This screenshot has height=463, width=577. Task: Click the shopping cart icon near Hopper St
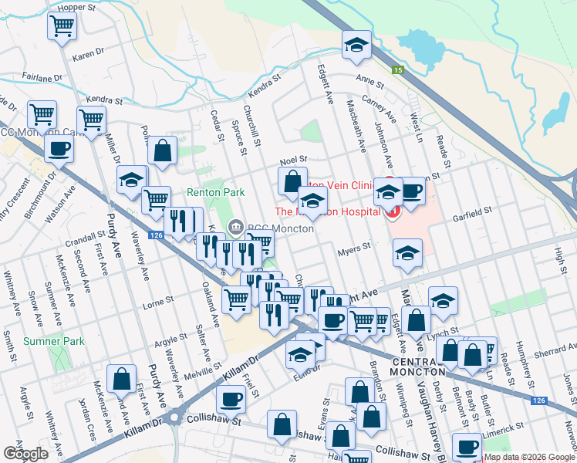62,25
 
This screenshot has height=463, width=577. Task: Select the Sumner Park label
53,340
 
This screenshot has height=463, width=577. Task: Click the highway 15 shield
397,70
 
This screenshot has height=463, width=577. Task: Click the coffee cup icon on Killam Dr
230,399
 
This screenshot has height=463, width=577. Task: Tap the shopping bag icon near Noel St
292,182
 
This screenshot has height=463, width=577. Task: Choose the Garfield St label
472,211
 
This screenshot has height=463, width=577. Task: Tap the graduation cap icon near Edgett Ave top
357,45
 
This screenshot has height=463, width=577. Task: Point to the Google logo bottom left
25,454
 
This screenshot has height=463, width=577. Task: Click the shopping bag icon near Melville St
122,379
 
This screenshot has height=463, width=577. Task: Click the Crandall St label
86,235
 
